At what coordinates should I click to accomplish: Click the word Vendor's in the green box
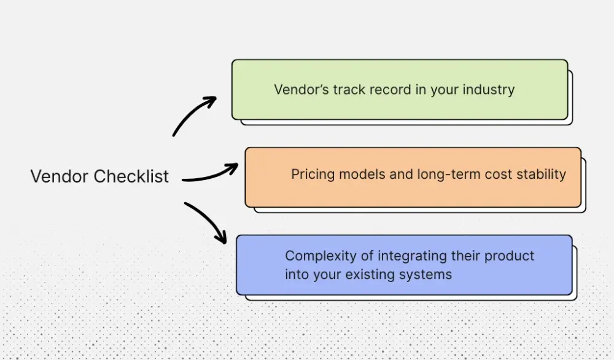[x=301, y=90]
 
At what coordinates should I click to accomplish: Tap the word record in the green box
[x=389, y=90]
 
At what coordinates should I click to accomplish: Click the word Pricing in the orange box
[x=313, y=174]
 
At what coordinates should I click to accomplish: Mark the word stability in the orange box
[x=541, y=174]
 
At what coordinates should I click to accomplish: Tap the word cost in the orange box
[x=497, y=174]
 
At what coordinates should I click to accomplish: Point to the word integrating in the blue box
[x=408, y=256]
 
